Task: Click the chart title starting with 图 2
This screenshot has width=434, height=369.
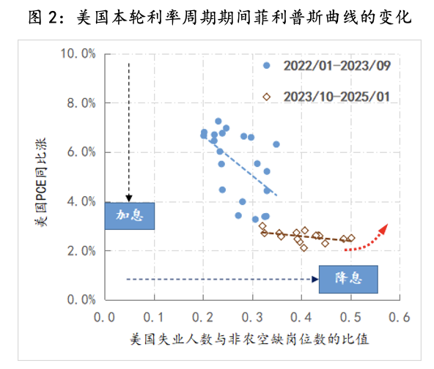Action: click(218, 17)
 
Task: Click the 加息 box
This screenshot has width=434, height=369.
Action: click(129, 216)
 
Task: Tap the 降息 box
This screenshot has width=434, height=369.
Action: click(347, 279)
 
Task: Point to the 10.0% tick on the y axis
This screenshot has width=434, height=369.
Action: click(78, 53)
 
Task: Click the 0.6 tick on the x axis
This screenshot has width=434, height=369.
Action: click(400, 318)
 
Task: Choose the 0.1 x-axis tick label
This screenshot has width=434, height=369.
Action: click(155, 318)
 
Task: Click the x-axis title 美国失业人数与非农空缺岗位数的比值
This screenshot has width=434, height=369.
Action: click(249, 340)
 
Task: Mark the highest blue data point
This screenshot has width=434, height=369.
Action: click(218, 121)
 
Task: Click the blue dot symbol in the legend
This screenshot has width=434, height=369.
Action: click(267, 65)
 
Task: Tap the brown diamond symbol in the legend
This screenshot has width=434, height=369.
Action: click(267, 96)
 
